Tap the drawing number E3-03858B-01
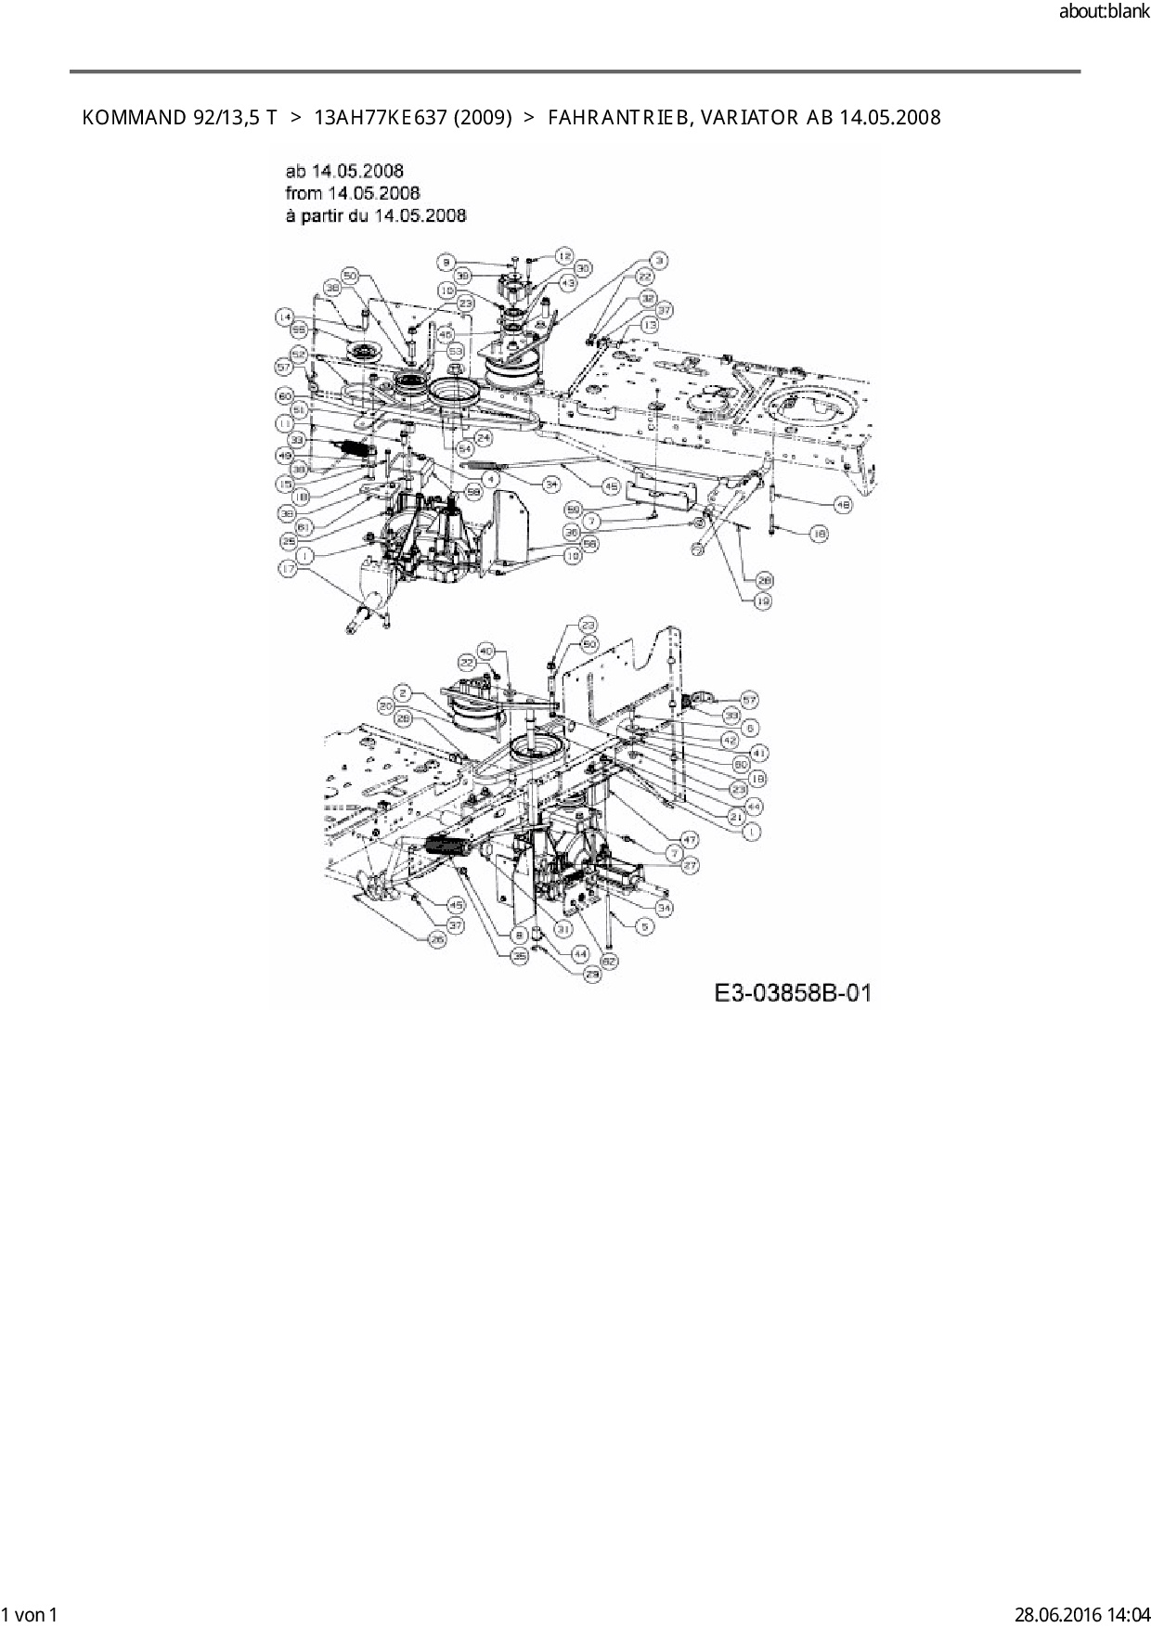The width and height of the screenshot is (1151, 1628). (792, 992)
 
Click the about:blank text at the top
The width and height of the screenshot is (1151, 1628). (1104, 12)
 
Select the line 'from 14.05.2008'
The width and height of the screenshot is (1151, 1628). (353, 193)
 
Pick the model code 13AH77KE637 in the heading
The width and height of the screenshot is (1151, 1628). (379, 118)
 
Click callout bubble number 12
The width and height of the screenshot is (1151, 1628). (563, 255)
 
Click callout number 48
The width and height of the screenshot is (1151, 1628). (843, 506)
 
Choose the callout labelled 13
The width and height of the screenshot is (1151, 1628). (649, 325)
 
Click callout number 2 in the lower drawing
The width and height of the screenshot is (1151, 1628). (403, 692)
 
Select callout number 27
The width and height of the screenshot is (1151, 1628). (690, 864)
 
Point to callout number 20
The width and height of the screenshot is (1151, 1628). (386, 705)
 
